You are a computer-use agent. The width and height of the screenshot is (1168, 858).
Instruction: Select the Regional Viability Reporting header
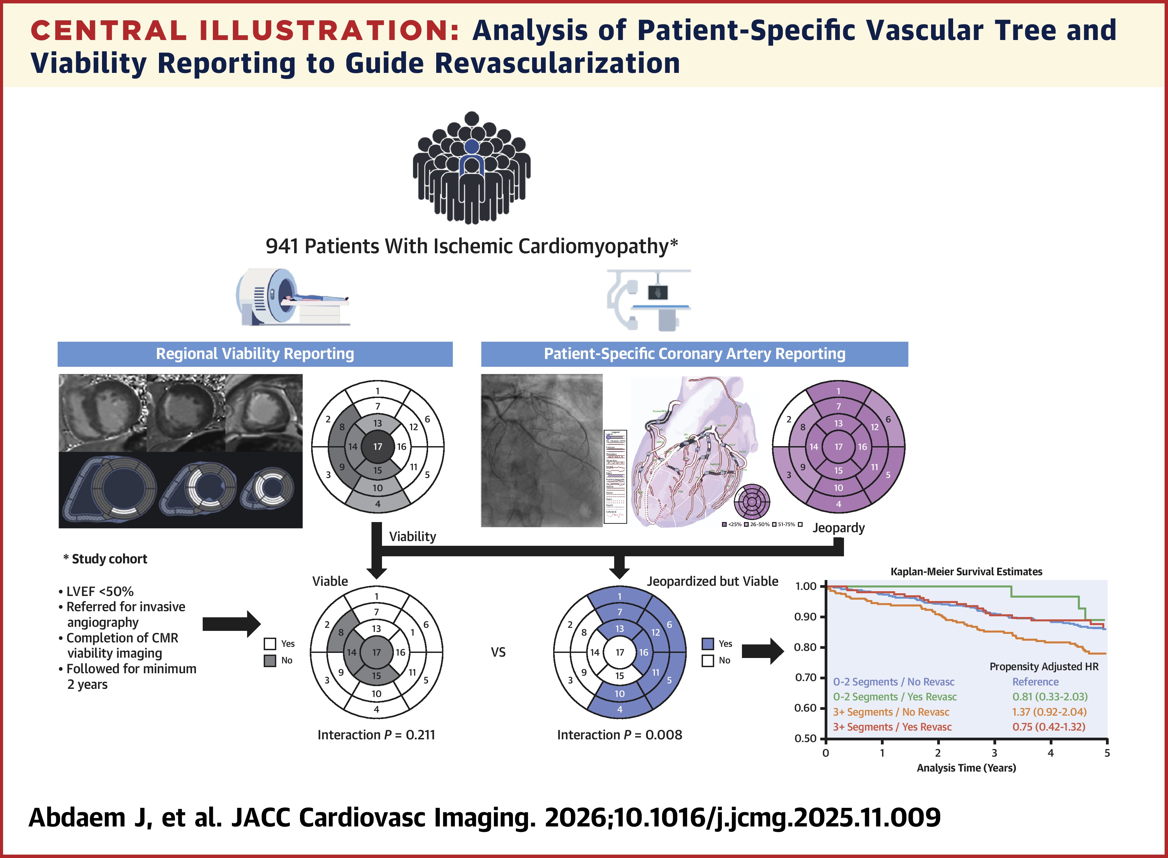[255, 354]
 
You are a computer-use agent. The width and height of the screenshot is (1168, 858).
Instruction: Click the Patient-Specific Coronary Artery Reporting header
[694, 354]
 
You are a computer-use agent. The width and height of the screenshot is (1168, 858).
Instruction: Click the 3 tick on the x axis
[994, 753]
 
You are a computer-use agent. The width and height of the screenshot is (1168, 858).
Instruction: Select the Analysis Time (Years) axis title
[966, 767]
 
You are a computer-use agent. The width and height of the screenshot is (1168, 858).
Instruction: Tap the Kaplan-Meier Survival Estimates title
[966, 571]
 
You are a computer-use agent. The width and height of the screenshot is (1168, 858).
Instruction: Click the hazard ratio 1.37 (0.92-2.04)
[1049, 712]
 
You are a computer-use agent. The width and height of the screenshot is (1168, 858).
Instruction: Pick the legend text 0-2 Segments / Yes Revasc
[894, 697]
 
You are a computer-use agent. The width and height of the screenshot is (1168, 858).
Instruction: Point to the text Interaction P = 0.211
[376, 735]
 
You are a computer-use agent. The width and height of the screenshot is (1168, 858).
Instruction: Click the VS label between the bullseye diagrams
[498, 652]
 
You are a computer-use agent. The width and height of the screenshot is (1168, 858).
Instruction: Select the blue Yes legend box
[708, 644]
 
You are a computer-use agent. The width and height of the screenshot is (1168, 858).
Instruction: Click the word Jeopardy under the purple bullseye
[838, 528]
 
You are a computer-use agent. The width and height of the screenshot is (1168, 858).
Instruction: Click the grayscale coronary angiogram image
[542, 450]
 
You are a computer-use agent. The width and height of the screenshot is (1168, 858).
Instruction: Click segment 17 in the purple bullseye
[838, 447]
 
